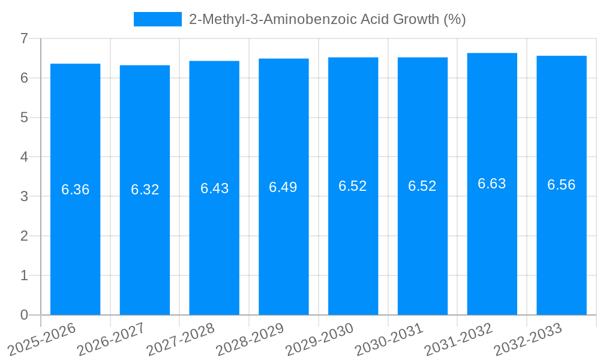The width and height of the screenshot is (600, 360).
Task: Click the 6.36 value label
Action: tap(75, 190)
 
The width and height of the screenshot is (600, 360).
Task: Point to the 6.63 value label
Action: tap(492, 184)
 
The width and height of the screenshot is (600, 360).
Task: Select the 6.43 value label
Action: tap(214, 188)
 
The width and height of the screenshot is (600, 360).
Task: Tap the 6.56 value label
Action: tap(562, 185)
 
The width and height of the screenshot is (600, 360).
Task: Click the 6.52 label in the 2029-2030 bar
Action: tap(353, 186)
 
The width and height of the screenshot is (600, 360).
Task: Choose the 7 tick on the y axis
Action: tap(24, 38)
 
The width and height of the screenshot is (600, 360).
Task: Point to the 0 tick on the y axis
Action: tap(24, 315)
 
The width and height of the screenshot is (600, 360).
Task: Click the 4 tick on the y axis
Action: tap(24, 157)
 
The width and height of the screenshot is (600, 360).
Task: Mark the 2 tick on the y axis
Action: tap(24, 236)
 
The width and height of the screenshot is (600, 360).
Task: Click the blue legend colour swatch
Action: tap(157, 19)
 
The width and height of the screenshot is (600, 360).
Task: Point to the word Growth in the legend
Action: tap(415, 19)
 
